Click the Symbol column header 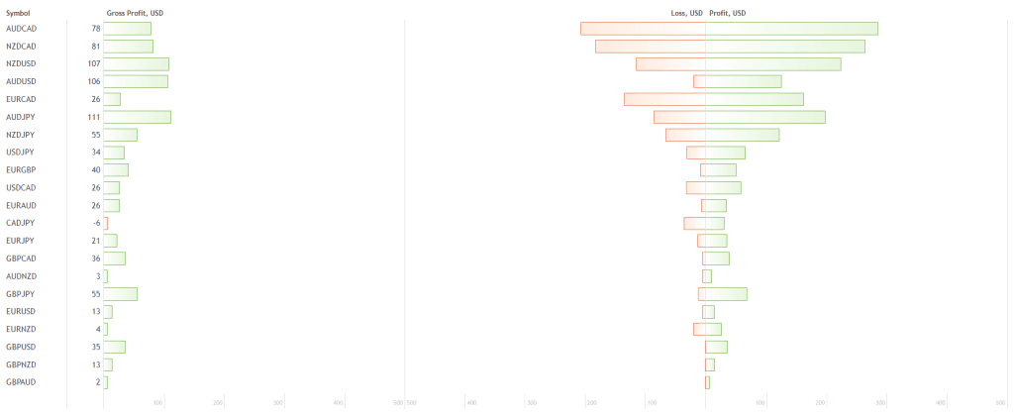click(20, 13)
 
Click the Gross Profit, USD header click(135, 13)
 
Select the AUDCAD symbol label click(22, 29)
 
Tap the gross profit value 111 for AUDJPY click(93, 117)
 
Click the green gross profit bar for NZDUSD click(136, 64)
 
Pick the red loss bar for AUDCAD click(643, 29)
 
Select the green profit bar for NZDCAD click(784, 47)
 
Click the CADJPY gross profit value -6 click(96, 223)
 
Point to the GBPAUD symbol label click(22, 381)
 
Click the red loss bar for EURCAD click(664, 99)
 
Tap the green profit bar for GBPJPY click(726, 293)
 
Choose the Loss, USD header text click(687, 13)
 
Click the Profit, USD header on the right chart click(728, 13)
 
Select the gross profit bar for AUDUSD click(135, 81)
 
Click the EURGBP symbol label click(22, 169)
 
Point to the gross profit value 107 click(93, 64)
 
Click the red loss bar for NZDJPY click(685, 135)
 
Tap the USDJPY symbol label click(21, 152)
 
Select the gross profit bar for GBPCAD click(114, 259)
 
